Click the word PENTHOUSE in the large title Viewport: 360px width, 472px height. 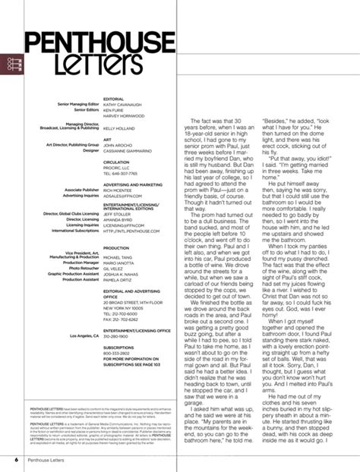point(93,40)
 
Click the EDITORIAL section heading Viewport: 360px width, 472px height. point(112,99)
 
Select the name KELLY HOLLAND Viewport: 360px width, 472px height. point(122,131)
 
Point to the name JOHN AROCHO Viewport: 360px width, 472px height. point(118,146)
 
